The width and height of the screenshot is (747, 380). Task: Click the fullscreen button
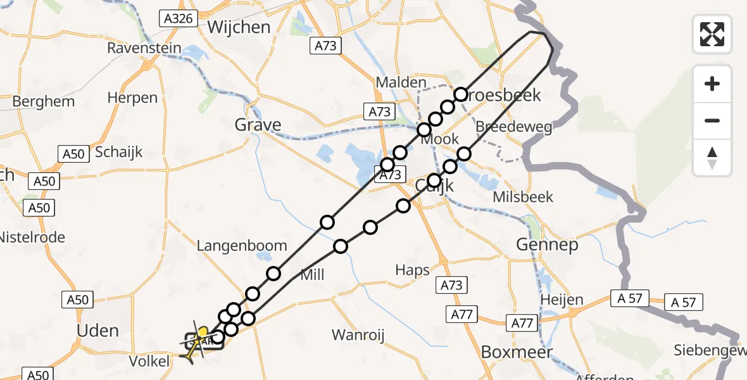click(x=712, y=34)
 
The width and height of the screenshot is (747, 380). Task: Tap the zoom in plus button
click(x=712, y=84)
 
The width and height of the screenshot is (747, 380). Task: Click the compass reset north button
click(x=712, y=158)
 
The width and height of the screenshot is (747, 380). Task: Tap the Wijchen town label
click(x=239, y=27)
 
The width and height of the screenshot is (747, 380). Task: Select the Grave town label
click(x=258, y=125)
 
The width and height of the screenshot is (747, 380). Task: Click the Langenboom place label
click(x=242, y=246)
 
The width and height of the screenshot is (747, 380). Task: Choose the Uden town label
click(x=97, y=330)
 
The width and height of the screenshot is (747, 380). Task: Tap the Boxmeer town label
click(x=517, y=351)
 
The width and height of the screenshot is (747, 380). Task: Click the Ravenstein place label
click(x=144, y=48)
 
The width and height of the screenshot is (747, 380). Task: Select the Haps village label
click(x=412, y=270)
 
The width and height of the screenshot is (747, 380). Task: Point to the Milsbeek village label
click(x=523, y=197)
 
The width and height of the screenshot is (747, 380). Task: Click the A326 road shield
click(x=178, y=18)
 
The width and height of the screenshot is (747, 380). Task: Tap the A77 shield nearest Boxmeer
click(x=522, y=324)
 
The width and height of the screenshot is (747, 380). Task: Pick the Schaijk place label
click(x=119, y=152)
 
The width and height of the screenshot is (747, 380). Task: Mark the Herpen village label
click(x=132, y=98)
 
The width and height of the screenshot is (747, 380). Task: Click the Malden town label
click(x=401, y=82)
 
